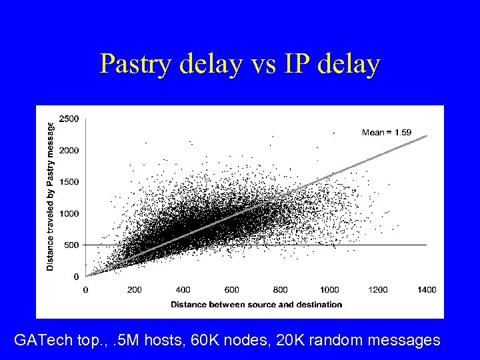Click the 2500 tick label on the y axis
(x=68, y=119)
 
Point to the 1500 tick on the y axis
(x=68, y=181)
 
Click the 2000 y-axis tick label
(x=68, y=150)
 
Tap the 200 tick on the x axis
(x=134, y=290)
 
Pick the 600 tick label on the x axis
(x=231, y=290)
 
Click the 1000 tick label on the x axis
(x=329, y=290)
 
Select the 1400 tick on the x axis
(x=427, y=290)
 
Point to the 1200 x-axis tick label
(x=378, y=290)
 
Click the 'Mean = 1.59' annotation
(x=386, y=133)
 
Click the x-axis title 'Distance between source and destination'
(x=256, y=305)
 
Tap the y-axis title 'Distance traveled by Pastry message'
(x=51, y=195)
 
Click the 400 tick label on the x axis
(x=183, y=290)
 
